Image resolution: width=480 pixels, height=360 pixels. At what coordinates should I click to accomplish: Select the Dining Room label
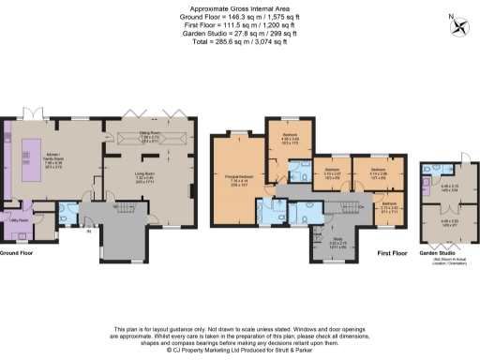144,137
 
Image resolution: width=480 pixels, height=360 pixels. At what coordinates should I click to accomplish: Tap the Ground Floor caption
18,253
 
